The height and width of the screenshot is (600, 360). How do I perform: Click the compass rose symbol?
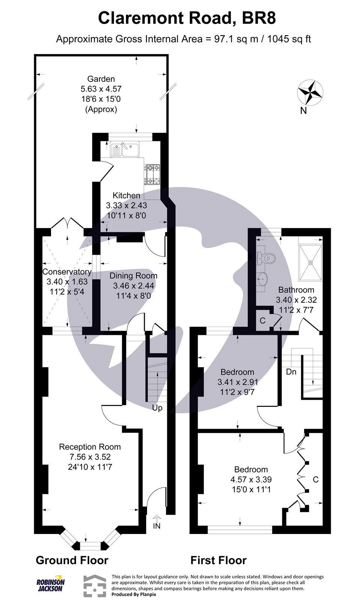pyautogui.click(x=310, y=92)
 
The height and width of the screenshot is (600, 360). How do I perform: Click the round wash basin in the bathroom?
pyautogui.click(x=263, y=278)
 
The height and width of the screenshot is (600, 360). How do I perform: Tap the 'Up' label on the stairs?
pyautogui.click(x=157, y=408)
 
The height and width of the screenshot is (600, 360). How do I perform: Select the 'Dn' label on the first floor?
pyautogui.click(x=291, y=372)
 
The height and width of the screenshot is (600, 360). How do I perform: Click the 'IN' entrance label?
pyautogui.click(x=157, y=526)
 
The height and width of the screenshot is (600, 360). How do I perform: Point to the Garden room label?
pyautogui.click(x=101, y=79)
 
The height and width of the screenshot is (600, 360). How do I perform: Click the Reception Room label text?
pyautogui.click(x=90, y=447)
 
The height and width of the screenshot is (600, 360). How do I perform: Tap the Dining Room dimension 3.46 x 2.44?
pyautogui.click(x=133, y=286)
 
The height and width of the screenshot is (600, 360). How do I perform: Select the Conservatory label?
pyautogui.click(x=67, y=272)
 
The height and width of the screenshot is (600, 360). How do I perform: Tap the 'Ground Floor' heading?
pyautogui.click(x=72, y=560)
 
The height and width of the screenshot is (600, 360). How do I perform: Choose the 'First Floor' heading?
pyautogui.click(x=219, y=560)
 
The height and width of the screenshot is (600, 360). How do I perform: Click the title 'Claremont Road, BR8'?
pyautogui.click(x=187, y=18)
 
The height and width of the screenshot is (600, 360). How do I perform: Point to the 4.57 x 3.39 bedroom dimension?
pyautogui.click(x=251, y=479)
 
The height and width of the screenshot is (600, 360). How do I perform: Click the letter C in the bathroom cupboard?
pyautogui.click(x=262, y=321)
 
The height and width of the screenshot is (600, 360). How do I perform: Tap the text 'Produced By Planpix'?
pyautogui.click(x=134, y=594)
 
